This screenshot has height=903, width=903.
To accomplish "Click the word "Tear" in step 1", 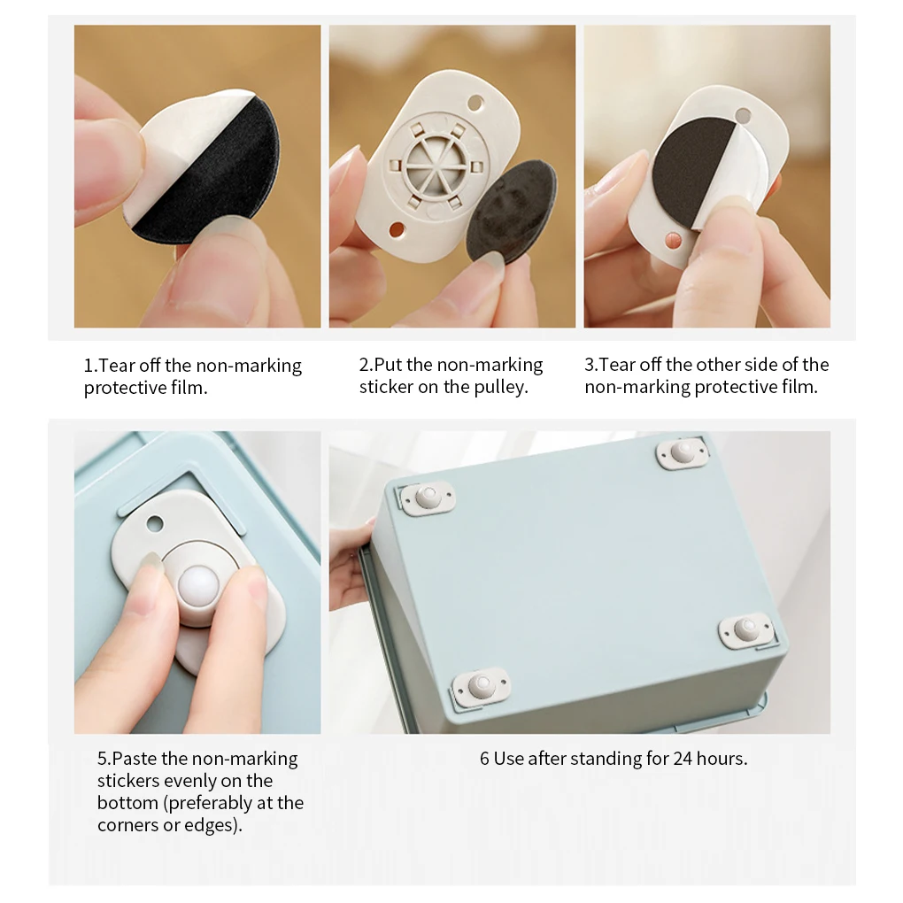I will (117, 366).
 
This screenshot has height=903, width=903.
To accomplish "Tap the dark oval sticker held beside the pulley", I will (511, 211).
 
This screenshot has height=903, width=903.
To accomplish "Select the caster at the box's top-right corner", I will (683, 452).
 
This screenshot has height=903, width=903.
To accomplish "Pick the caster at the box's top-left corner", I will (428, 498).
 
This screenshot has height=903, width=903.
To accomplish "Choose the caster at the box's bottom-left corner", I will (482, 686).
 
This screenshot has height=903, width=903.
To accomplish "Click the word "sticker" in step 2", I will (386, 388).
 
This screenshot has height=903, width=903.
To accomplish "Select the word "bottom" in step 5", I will (127, 803).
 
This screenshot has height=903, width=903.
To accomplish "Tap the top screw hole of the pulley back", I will (475, 102).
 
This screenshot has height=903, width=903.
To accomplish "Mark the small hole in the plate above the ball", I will (155, 524).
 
